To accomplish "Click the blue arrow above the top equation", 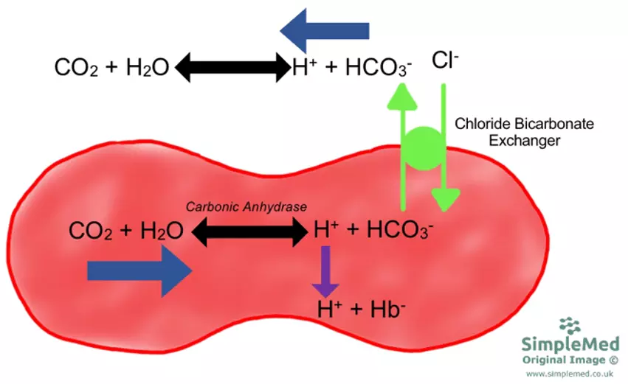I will tap(325, 30).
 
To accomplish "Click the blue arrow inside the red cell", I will tap(139, 271).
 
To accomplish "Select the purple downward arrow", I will tap(325, 272).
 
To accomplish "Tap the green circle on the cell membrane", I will tap(424, 147).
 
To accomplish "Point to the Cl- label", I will tap(446, 61).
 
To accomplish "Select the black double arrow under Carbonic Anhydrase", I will tap(248, 233).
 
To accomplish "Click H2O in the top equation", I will tap(145, 69).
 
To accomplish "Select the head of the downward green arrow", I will tap(445, 199).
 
